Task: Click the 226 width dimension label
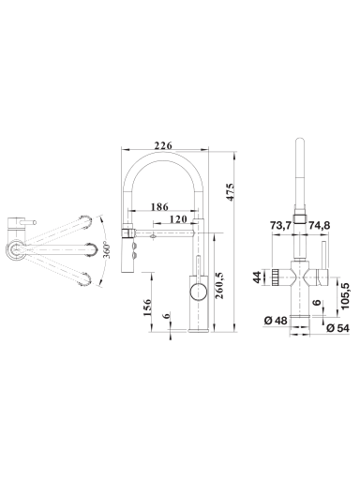point(163,145)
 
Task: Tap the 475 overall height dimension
point(230,192)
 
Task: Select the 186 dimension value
point(159,206)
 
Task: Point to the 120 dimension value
point(178,219)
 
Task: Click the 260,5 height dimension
point(219,285)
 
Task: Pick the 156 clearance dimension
point(147,307)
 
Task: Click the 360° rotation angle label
point(107,250)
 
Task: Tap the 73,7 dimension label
point(281,225)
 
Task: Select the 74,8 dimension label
point(320,225)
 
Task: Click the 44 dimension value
point(257,277)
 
